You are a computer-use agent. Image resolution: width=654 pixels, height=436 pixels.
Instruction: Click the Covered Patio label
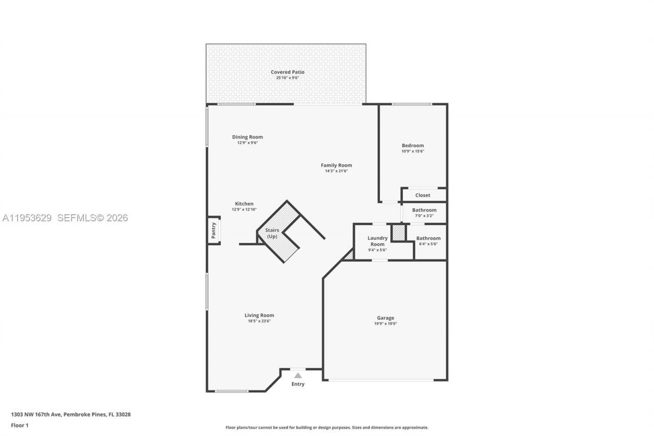click(287, 72)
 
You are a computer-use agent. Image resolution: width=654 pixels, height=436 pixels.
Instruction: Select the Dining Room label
click(247, 137)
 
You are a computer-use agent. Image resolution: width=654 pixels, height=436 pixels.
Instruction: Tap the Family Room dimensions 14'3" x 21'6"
click(336, 171)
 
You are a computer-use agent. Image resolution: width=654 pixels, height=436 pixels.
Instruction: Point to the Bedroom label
click(412, 146)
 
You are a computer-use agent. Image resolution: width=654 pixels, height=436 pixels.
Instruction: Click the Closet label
click(423, 195)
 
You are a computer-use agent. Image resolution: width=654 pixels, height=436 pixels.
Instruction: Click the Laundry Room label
click(378, 241)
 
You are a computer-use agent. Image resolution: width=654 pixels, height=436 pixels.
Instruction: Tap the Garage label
click(385, 318)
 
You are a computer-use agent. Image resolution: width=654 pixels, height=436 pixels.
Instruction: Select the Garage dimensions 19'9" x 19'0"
click(385, 324)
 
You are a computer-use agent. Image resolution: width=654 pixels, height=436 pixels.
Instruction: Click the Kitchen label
click(244, 204)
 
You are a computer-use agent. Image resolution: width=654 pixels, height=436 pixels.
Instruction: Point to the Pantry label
click(214, 231)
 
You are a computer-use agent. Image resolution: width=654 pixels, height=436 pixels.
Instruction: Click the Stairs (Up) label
click(272, 233)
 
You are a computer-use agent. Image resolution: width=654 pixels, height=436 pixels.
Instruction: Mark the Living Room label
click(259, 315)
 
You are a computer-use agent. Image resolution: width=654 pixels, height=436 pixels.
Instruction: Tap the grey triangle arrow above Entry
click(298, 376)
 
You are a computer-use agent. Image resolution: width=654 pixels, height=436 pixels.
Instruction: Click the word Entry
click(298, 384)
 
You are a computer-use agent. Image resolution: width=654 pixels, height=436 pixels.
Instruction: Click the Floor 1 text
click(19, 425)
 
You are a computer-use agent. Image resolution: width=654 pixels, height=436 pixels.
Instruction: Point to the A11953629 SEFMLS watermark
click(65, 218)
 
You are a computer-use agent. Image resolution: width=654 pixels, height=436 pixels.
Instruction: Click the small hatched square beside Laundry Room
click(399, 233)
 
